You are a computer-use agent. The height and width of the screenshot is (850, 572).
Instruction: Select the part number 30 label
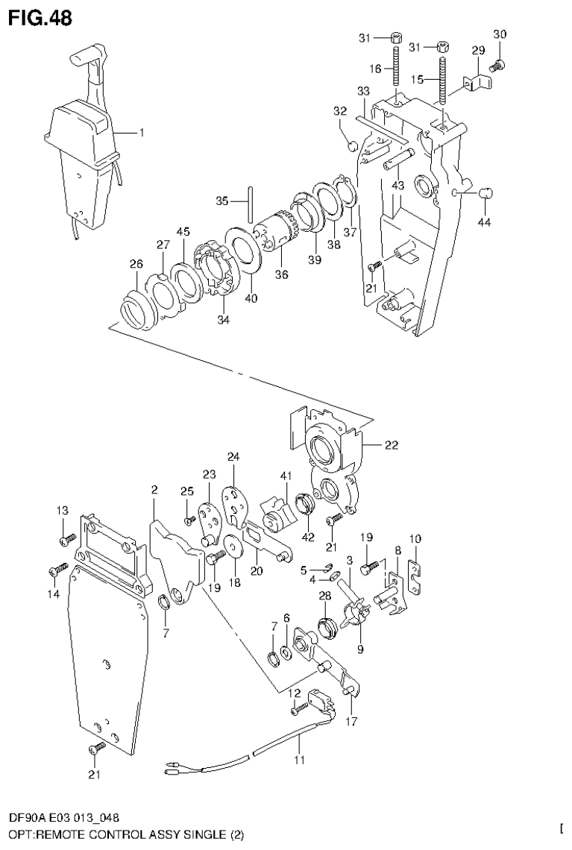point(500,34)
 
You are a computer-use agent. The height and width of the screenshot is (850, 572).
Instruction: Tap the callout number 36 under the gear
point(281,274)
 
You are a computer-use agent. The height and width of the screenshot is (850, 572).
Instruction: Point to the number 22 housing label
point(391,446)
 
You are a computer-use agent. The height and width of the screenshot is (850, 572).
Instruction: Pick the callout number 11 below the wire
point(299,761)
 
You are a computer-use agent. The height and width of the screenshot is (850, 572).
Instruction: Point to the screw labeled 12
point(300,705)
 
